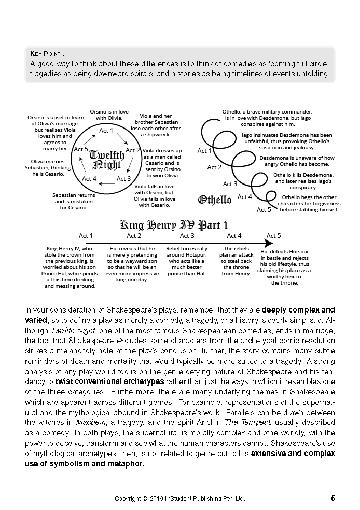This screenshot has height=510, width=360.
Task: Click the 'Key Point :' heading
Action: point(47,53)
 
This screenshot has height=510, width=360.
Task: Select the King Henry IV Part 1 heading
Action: point(174,225)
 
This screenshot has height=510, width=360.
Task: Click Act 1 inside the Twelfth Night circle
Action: point(106,131)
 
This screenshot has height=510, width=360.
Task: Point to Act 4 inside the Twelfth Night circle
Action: point(89,179)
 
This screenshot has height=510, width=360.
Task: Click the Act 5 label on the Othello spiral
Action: point(264,210)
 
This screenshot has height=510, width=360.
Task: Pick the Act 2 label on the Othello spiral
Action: point(214,167)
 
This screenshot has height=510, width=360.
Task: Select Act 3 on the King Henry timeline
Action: point(187,236)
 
